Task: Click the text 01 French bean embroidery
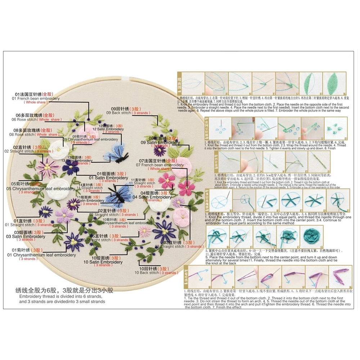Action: [x=36, y=98]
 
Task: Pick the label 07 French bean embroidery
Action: [x=159, y=165]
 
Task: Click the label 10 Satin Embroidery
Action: [x=107, y=262]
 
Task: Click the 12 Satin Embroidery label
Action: [x=108, y=129]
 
